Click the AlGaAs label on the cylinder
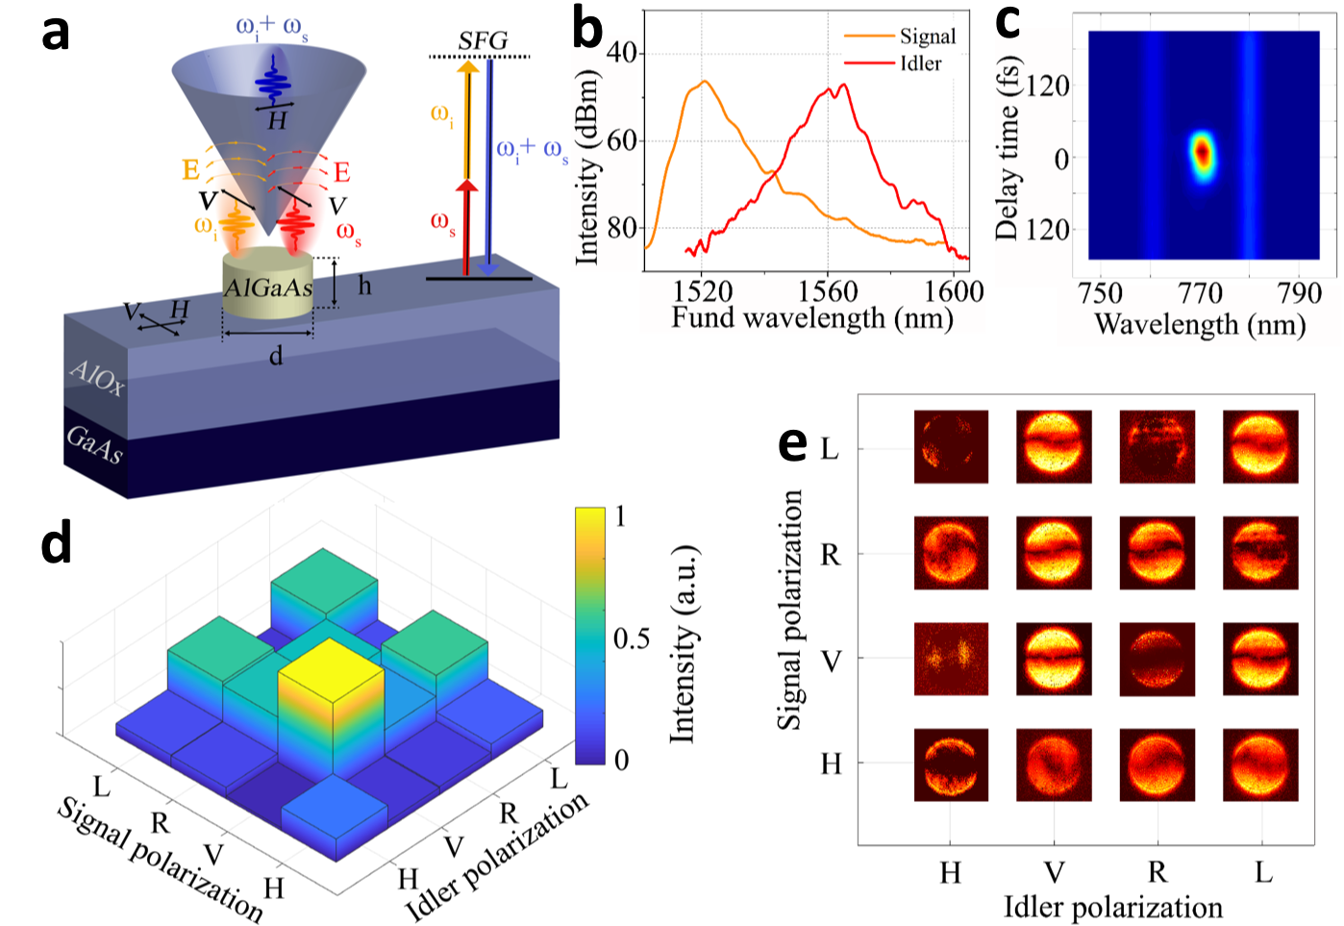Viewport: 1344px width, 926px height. [268, 288]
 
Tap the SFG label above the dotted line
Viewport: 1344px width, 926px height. [482, 40]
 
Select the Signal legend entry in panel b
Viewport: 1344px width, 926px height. [927, 37]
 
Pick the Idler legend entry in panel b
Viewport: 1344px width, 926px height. [920, 63]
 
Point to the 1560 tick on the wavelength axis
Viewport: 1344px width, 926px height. [828, 291]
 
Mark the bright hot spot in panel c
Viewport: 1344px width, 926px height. [1202, 153]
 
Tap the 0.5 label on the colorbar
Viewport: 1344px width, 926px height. [632, 639]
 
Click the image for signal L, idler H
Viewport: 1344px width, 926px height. [951, 447]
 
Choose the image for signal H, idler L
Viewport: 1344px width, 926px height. [1260, 764]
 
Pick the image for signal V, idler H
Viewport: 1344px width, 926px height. [951, 659]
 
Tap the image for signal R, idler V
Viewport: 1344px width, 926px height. [1054, 553]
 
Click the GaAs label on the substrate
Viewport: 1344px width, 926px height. [95, 443]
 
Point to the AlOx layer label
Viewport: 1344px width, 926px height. [97, 377]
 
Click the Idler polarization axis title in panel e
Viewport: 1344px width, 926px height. [1113, 907]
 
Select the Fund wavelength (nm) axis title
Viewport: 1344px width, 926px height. [811, 318]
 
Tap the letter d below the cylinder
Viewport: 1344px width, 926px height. [276, 357]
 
